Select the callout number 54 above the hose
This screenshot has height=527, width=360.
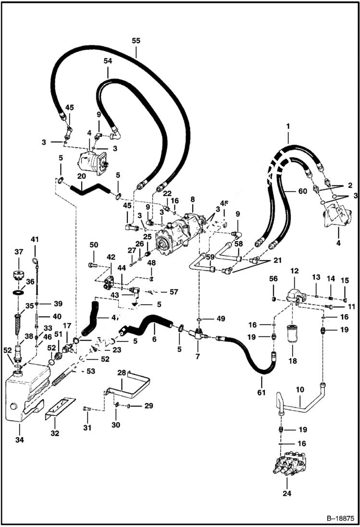(x=108, y=61)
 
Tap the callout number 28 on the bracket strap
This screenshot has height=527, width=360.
(x=122, y=372)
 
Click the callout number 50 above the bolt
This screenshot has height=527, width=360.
(x=93, y=245)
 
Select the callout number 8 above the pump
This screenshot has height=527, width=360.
(x=192, y=199)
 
